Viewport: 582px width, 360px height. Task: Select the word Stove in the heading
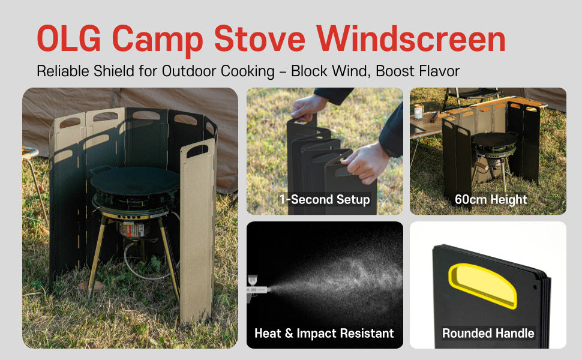(x=261, y=39)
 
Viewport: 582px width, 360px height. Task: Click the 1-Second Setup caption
(x=324, y=199)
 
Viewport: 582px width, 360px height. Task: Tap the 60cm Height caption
(x=491, y=199)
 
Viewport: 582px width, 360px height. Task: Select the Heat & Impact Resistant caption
(x=324, y=333)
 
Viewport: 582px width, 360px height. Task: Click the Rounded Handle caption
(x=488, y=333)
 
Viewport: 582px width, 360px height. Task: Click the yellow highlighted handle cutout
(x=482, y=285)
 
